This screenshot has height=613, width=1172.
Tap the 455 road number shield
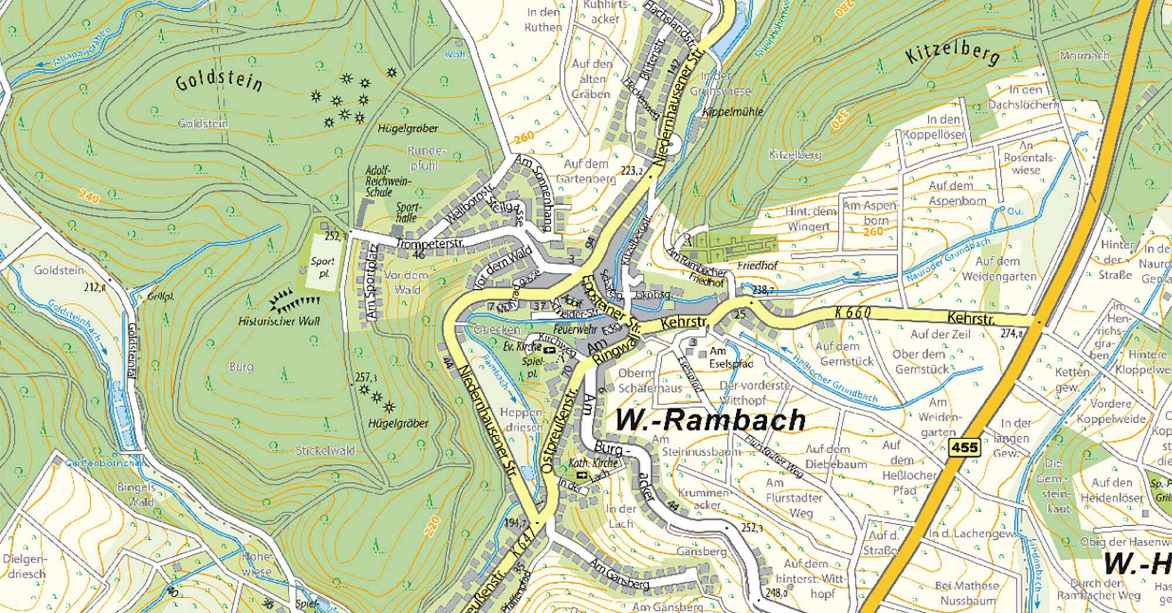tap(964, 448)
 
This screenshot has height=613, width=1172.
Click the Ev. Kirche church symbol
tap(549, 350)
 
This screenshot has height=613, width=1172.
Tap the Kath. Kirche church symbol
tap(581, 474)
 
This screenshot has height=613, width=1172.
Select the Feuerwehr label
tap(575, 330)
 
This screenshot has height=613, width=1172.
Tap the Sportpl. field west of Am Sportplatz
tap(322, 268)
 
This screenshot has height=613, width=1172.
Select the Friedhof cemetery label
tap(757, 266)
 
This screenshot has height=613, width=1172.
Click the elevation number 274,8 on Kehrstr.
tap(1011, 333)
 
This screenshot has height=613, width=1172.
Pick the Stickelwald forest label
tap(325, 450)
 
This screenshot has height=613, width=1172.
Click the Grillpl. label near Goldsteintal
tap(161, 296)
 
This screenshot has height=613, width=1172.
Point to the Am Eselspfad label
tap(730, 357)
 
